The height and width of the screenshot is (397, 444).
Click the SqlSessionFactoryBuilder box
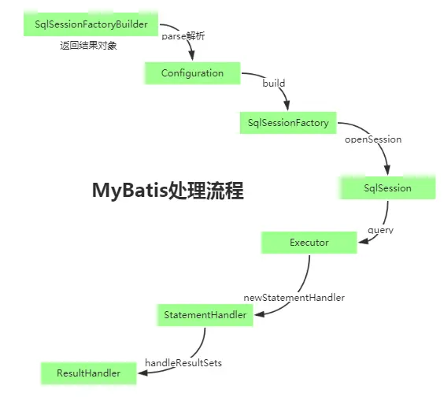coord(91,24)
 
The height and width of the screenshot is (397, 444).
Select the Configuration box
coord(192,73)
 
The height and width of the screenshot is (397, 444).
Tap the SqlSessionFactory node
coord(287,122)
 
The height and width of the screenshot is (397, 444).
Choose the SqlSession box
coord(387,187)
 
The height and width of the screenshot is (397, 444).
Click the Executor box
coord(309,243)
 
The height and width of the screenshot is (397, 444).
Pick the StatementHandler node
coord(205,315)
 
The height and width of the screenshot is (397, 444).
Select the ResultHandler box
coord(88,373)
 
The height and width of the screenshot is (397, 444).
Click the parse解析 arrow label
coord(183,36)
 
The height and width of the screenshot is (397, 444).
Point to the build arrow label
coord(274,83)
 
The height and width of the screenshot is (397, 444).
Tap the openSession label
coord(373,139)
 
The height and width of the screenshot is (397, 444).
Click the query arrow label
coord(380,231)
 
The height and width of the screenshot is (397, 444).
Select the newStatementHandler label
coord(294,298)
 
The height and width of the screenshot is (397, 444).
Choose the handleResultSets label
coord(183,362)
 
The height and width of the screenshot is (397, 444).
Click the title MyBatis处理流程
coord(168,191)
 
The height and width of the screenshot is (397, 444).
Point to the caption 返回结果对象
coord(88,46)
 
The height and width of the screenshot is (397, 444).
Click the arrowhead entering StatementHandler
coord(259,315)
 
